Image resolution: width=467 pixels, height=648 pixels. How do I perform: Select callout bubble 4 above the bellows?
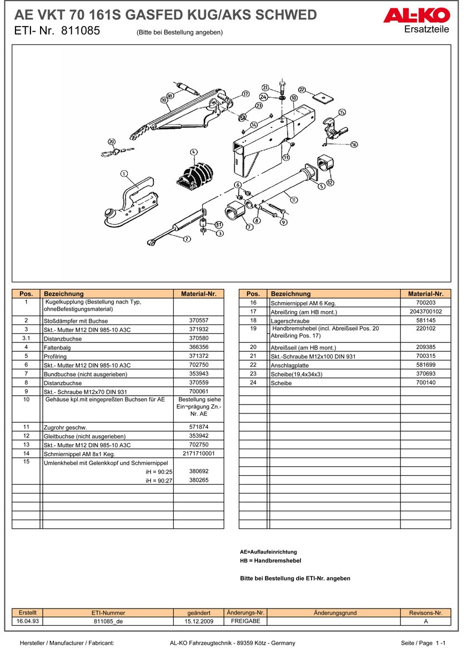pos(193,152)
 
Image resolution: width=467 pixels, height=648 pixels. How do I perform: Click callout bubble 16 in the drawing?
pos(354,144)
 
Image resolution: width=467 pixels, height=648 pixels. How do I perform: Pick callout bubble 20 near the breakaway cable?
pos(112,142)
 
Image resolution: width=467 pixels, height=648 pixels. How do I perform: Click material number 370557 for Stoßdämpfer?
pos(199,321)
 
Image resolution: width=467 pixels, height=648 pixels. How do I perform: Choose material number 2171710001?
pos(199,453)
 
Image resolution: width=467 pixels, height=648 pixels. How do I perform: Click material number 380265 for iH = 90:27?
pos(199,480)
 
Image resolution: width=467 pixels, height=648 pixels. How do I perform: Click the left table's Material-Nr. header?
pos(199,293)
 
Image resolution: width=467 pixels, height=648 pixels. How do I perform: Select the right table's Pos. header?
pos(253,293)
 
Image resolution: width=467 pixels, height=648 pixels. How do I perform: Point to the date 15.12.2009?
pos(199,621)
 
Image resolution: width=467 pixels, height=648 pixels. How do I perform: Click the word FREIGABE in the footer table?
pos(245,621)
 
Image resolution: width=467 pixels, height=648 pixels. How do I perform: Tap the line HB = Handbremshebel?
pos(270,561)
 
